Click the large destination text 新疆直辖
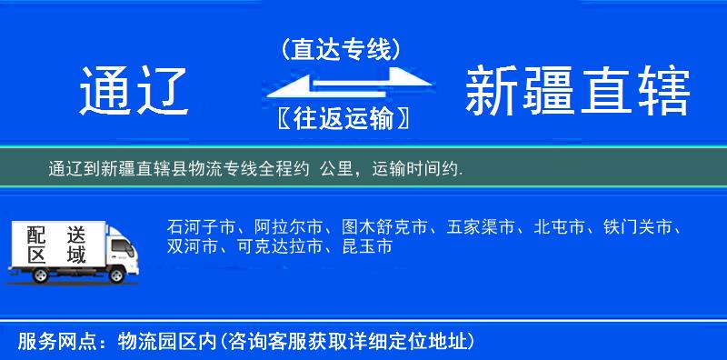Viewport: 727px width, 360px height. click(577, 91)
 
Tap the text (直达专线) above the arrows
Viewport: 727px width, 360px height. click(342, 50)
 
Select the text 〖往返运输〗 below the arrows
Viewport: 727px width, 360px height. click(342, 119)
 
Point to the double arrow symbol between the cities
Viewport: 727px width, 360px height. click(342, 85)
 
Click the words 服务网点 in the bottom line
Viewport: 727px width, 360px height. click(49, 342)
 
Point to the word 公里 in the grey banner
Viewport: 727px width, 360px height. click(335, 169)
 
